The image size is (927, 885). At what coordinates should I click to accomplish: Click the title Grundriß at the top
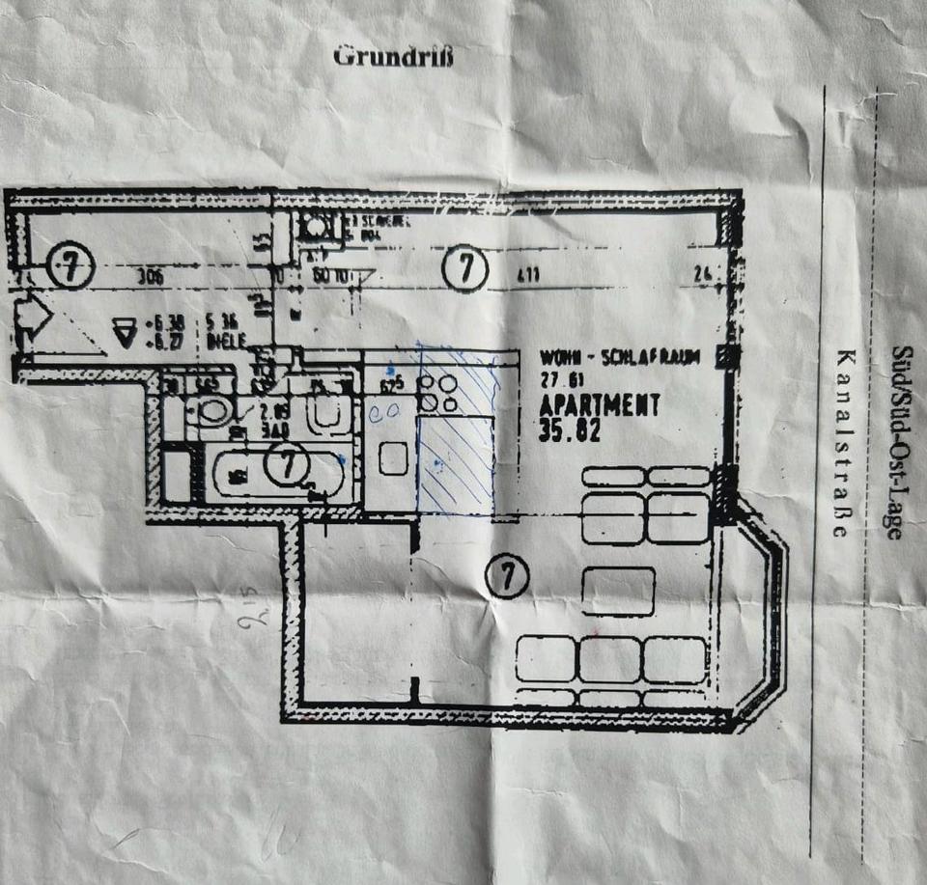392,56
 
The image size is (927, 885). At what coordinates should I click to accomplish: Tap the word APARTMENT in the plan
600,405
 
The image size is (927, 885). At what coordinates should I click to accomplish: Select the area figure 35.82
571,430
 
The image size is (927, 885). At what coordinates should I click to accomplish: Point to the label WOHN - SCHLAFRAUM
619,357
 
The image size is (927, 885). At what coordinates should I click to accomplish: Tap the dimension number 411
527,276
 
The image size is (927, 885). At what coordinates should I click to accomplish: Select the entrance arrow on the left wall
32,319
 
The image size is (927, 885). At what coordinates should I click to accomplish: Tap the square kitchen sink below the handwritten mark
392,457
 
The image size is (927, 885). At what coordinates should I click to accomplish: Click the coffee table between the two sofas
618,591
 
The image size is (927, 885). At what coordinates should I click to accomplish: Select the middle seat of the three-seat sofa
610,659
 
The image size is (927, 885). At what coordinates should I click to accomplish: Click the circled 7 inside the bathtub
286,466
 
